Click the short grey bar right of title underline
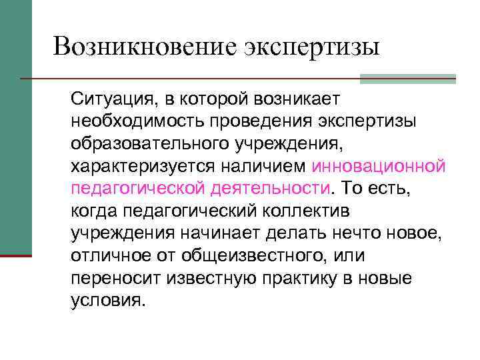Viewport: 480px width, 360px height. coord(407,79)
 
